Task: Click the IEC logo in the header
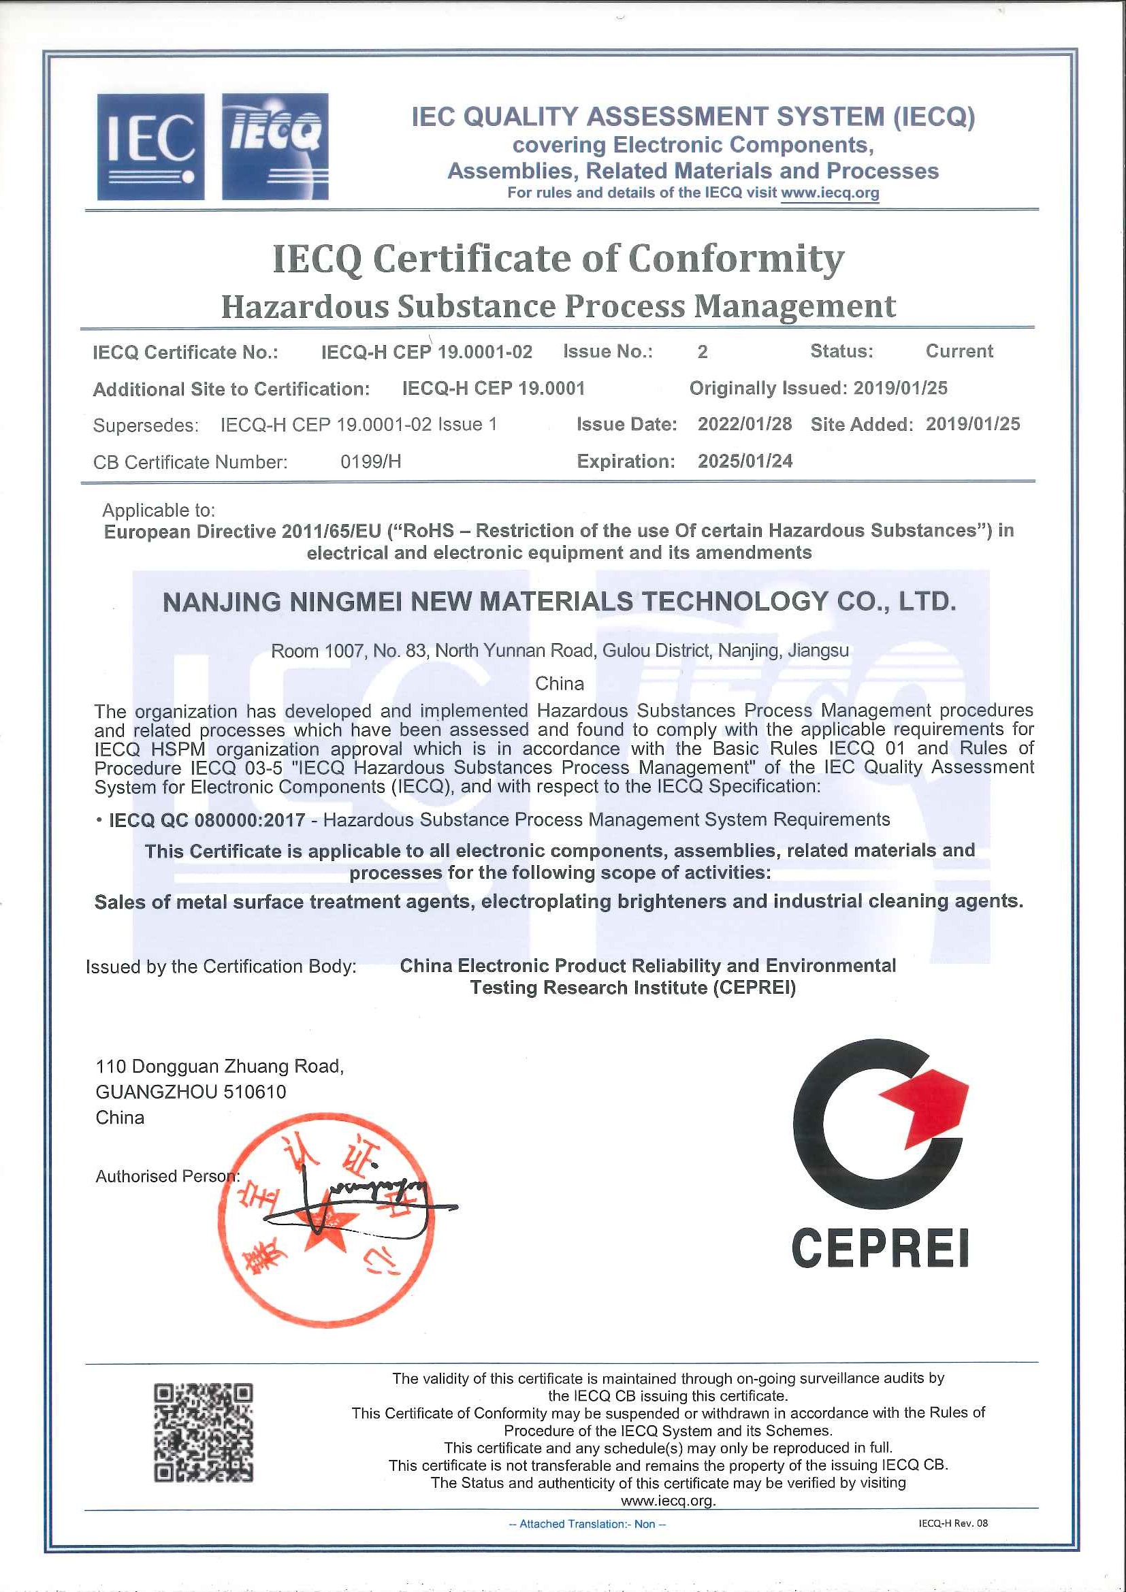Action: pos(150,147)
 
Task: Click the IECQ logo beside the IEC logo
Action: pos(274,147)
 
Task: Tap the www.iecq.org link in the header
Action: pos(829,193)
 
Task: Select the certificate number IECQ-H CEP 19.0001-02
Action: pos(426,353)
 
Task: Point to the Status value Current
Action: pos(959,351)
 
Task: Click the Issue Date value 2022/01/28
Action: pos(745,424)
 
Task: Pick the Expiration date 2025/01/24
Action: pos(745,461)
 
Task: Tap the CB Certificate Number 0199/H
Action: pos(370,461)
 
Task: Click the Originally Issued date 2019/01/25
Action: pos(900,388)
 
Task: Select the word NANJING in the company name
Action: pos(221,602)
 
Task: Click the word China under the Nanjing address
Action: pos(560,683)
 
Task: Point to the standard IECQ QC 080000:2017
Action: pos(208,819)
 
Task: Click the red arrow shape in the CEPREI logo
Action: pos(927,1113)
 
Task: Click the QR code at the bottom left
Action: pos(203,1432)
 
